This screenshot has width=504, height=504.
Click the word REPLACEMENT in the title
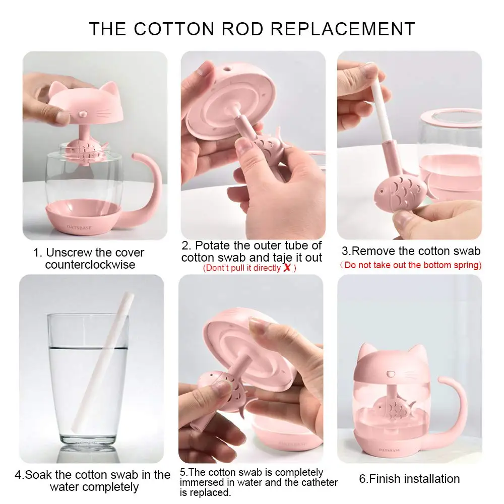tap(343, 29)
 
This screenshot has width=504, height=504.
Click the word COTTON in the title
tap(174, 29)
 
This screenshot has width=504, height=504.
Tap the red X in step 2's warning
tap(287, 268)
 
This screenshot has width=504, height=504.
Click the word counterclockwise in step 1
tap(90, 265)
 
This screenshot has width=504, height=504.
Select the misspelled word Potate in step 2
tap(213, 245)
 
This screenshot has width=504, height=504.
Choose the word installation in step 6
tap(431, 479)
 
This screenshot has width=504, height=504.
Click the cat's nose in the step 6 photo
tap(391, 374)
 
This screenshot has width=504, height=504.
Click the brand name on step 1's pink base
tap(79, 228)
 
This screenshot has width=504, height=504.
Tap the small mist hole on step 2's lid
tap(228, 69)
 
